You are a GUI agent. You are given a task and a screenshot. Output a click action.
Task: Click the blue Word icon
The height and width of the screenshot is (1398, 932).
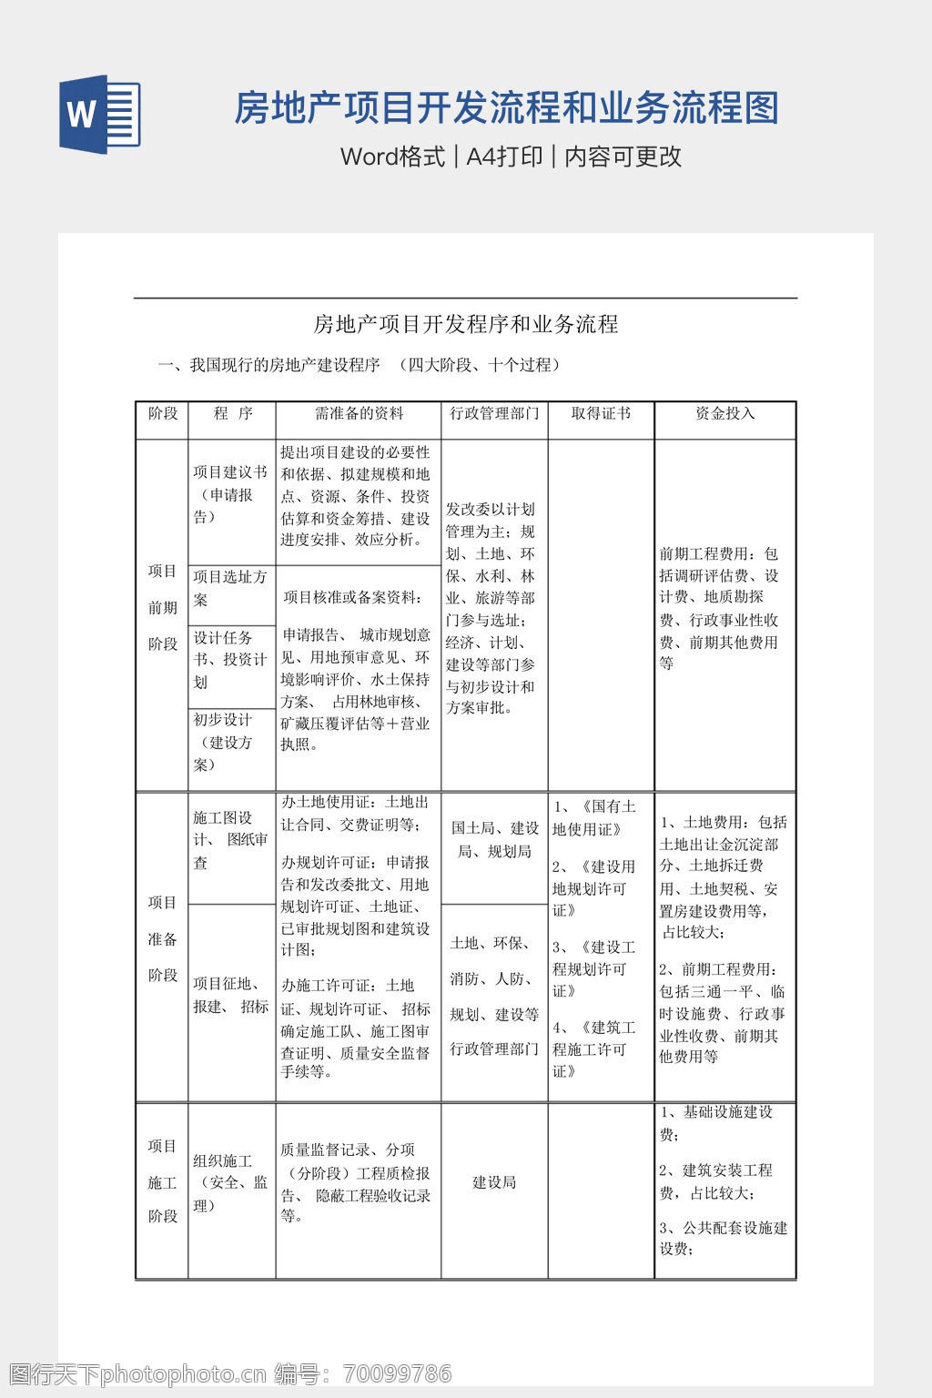[x=99, y=114]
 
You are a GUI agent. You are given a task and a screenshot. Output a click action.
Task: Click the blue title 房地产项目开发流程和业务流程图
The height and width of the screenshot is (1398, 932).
[x=506, y=108]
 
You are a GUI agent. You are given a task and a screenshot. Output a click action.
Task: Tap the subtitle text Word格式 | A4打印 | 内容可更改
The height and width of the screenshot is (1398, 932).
[x=511, y=157]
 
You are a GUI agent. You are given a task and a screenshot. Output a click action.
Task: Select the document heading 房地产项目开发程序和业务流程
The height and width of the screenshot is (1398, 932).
[x=465, y=324]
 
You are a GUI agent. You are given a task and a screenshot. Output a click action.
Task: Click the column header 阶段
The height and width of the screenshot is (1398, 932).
[x=163, y=413]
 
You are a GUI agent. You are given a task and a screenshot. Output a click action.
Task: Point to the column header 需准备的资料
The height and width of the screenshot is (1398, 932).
[x=359, y=413]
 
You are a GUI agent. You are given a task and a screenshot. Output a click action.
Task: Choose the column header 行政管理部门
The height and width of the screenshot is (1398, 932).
[x=494, y=413]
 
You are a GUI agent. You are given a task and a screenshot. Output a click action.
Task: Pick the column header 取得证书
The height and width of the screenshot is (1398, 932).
[x=601, y=413]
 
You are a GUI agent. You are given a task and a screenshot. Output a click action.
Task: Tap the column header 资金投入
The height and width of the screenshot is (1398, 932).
[x=724, y=413]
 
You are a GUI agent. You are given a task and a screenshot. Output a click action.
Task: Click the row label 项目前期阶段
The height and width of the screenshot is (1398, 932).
[x=163, y=607]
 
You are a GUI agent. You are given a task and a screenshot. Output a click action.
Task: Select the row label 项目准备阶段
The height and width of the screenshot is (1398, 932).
[x=163, y=938]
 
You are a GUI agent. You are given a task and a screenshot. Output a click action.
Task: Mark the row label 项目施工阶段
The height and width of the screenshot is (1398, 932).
[x=163, y=1181]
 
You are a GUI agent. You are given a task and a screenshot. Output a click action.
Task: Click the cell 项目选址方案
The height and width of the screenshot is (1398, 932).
[x=231, y=589]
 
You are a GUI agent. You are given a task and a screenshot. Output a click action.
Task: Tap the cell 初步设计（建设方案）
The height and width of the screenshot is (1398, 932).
[x=231, y=742]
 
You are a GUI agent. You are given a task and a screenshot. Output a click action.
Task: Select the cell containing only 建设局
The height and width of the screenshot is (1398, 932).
[x=494, y=1182]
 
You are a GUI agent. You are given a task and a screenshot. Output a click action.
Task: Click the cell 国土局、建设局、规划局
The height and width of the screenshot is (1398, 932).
[x=494, y=839]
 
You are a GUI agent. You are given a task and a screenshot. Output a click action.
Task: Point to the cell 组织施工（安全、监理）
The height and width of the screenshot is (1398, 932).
[x=231, y=1182]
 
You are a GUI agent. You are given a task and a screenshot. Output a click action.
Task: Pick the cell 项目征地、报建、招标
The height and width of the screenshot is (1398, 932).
[x=231, y=995]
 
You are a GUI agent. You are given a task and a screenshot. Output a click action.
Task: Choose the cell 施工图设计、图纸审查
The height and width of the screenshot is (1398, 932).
[x=231, y=840]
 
